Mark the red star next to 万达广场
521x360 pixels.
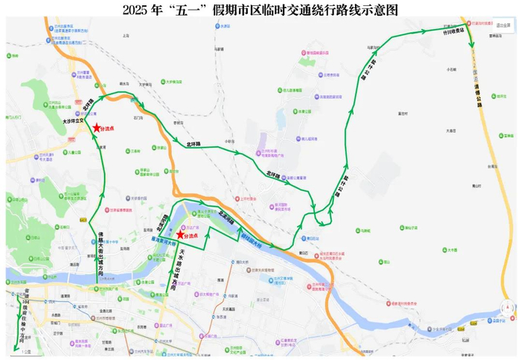pyautogui.click(x=178, y=235)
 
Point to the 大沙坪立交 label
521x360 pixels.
pyautogui.click(x=73, y=117)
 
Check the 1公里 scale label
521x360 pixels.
pyautogui.click(x=27, y=351)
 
